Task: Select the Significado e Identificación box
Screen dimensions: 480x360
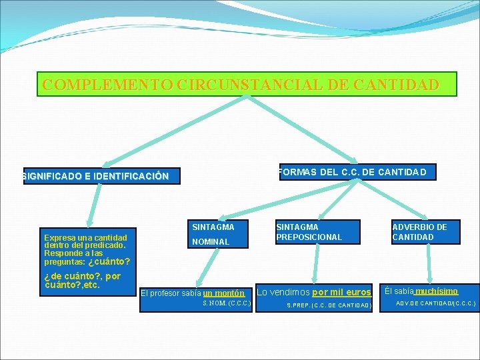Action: [x=101, y=176]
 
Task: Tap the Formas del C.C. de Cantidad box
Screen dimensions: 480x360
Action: [x=356, y=172]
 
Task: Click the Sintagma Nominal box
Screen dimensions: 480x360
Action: [x=215, y=234]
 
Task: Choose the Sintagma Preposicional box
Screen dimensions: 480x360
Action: [x=316, y=232]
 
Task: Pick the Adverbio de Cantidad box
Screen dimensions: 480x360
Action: [x=424, y=232]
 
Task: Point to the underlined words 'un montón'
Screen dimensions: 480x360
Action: [x=224, y=293]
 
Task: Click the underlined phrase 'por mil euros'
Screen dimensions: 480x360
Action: [x=341, y=292]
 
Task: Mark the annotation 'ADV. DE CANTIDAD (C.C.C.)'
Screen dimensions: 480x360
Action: [x=436, y=303]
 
